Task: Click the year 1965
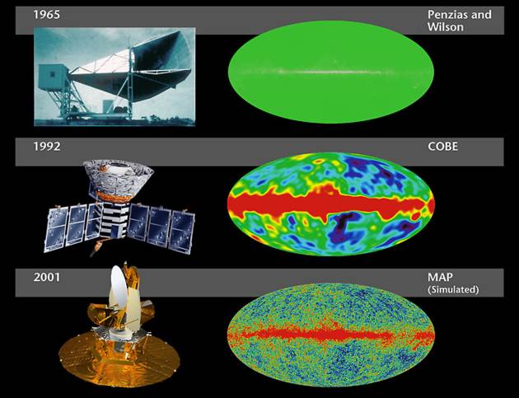tap(47, 15)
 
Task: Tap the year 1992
tap(47, 147)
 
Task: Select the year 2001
tap(47, 277)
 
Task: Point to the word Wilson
tap(446, 27)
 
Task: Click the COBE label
tap(443, 147)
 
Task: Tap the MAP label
tap(440, 277)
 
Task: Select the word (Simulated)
tap(453, 290)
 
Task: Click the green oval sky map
tap(330, 73)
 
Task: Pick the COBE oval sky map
tap(331, 204)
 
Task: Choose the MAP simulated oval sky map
tap(331, 335)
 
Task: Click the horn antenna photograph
tap(115, 77)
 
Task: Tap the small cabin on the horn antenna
tap(53, 77)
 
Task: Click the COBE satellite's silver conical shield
tap(118, 180)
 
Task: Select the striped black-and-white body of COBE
tap(115, 219)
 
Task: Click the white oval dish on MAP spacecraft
tap(118, 288)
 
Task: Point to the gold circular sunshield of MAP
tap(119, 358)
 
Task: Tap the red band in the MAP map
tap(331, 335)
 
